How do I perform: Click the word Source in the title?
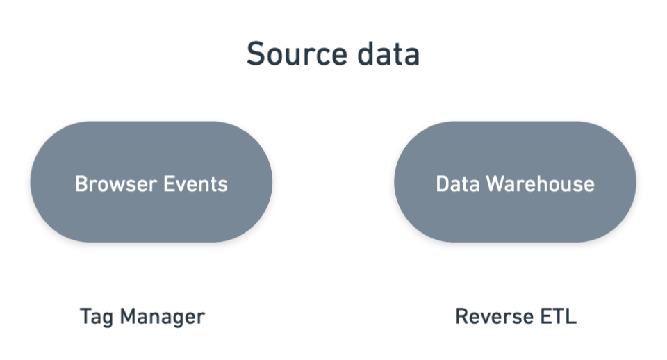pos(294,54)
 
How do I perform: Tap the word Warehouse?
pos(540,184)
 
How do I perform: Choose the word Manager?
pos(162,317)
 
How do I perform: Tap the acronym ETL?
pos(559,317)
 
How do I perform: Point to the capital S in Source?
pos(256,54)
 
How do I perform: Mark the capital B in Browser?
pos(81,184)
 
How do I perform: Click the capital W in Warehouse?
pos(495,184)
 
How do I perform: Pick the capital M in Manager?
pos(127,317)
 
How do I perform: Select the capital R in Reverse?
pos(461,317)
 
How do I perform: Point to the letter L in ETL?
pos(572,317)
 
